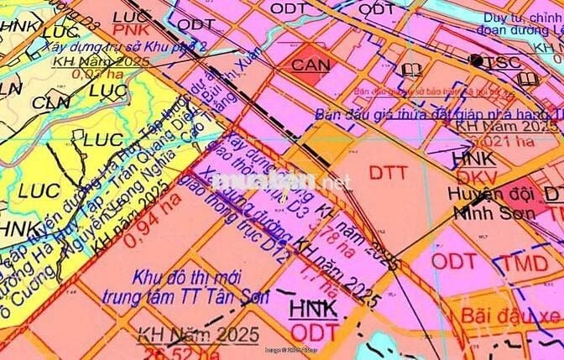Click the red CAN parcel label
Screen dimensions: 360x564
point(311,64)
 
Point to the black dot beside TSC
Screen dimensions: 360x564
point(476,60)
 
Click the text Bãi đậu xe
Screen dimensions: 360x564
point(509,317)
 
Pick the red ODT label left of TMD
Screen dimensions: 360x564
point(454,260)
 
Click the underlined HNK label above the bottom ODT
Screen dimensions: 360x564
point(311,308)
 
